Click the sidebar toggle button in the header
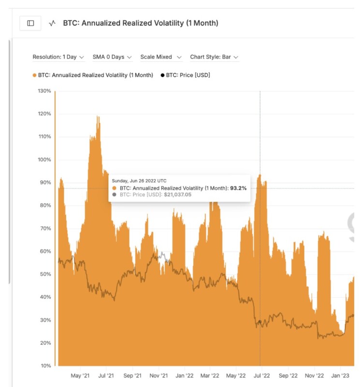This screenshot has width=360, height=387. (30, 23)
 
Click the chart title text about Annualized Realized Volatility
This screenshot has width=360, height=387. (141, 23)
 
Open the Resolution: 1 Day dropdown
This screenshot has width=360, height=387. (58, 57)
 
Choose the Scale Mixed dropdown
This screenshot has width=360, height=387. (161, 57)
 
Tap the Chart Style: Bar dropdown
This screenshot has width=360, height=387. (214, 57)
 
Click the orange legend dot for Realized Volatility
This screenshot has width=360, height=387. (35, 75)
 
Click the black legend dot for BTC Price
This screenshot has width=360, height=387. (162, 75)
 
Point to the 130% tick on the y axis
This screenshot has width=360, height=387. (44, 91)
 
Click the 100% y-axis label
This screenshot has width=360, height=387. (44, 160)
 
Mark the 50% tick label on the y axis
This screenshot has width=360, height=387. (45, 274)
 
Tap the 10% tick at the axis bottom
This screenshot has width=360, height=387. (45, 366)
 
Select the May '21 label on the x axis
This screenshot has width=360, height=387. (80, 375)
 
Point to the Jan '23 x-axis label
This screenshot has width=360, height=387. (341, 375)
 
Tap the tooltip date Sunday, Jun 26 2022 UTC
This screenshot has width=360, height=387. (139, 180)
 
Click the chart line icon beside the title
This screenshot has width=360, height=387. (53, 23)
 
